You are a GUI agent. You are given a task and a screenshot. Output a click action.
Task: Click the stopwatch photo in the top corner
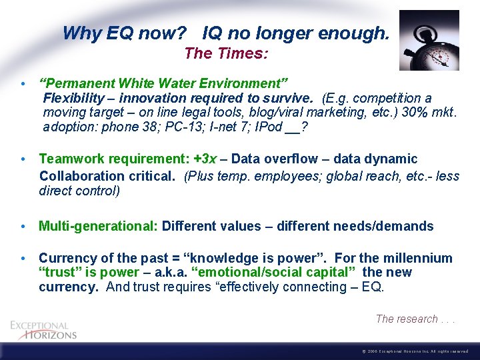[429, 40]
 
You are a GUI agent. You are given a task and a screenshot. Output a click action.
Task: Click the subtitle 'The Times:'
[227, 53]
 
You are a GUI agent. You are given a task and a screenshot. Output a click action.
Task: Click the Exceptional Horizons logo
[44, 329]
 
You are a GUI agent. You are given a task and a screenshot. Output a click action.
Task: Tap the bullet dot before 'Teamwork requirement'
[23, 159]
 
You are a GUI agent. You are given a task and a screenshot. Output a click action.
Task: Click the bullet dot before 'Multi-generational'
[23, 227]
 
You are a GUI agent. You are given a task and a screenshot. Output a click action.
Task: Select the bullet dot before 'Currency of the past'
[23, 259]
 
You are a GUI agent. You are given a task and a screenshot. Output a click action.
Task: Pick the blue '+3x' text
[205, 159]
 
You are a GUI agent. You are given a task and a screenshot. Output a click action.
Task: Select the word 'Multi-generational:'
[98, 227]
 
